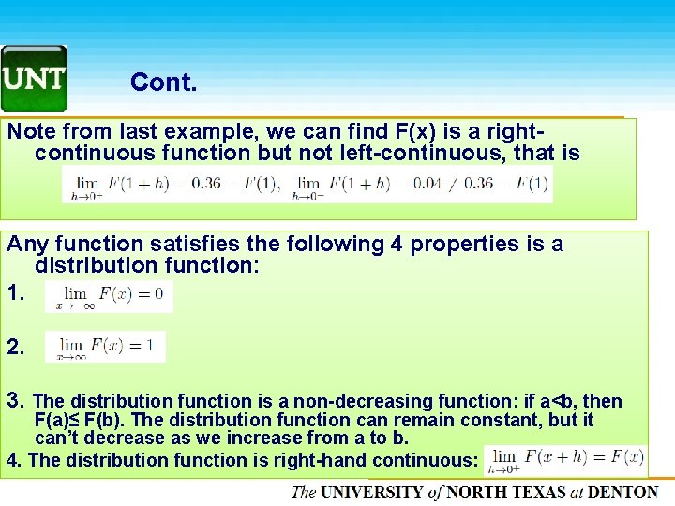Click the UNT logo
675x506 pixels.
34,79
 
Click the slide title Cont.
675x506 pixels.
163,82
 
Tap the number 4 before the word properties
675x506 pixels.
397,245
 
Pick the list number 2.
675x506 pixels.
15,347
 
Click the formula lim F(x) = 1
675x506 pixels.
111,346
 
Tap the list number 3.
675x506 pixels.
15,401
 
